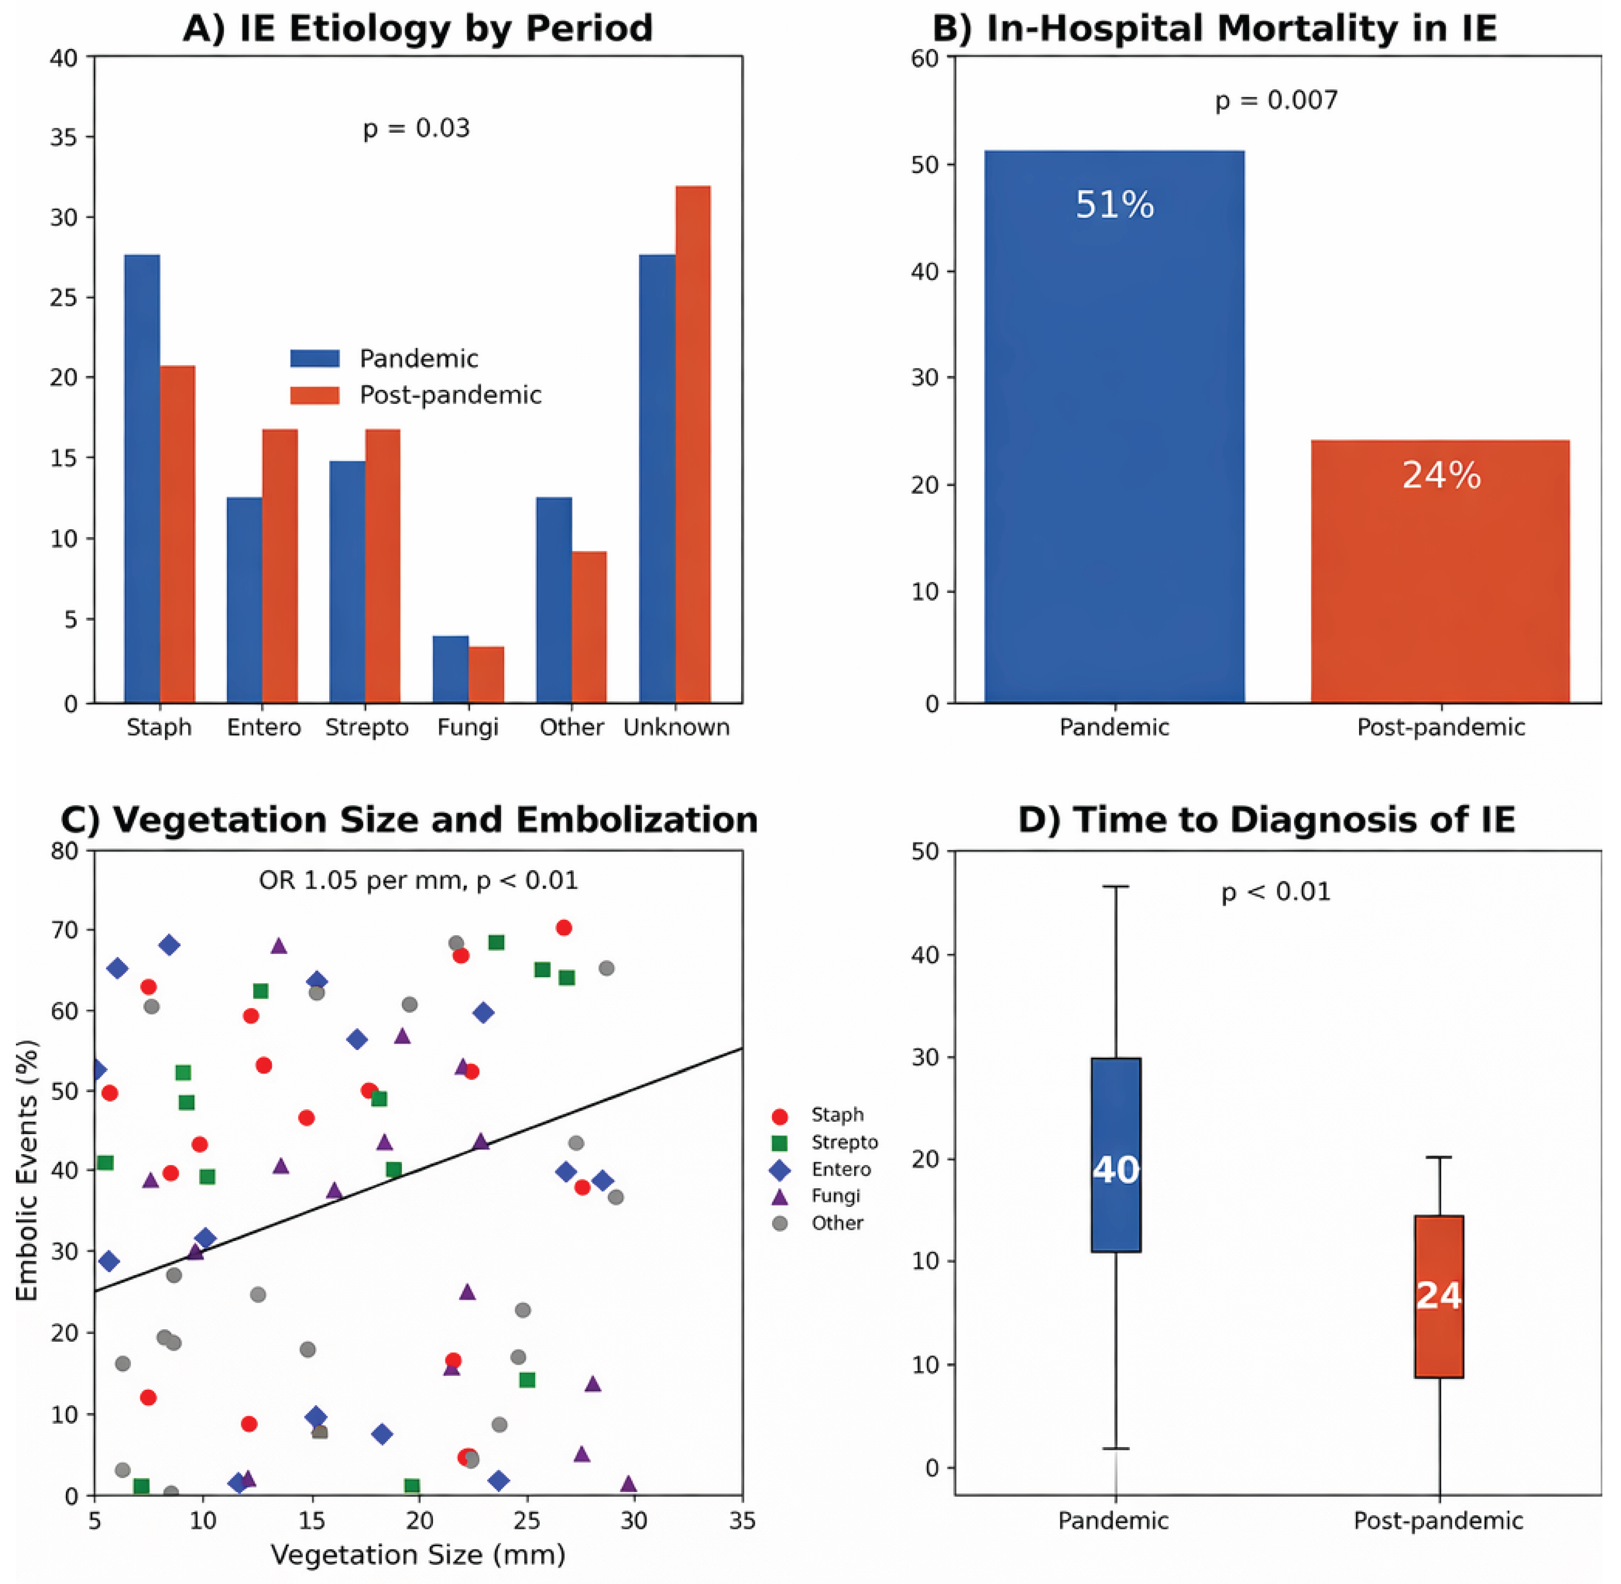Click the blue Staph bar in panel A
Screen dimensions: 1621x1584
142,479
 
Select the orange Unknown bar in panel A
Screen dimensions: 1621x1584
693,444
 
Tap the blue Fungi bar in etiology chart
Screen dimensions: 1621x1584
451,670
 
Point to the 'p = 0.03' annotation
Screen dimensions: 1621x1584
416,128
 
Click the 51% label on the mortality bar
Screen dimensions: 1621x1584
1114,205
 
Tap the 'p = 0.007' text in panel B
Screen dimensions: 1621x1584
1277,101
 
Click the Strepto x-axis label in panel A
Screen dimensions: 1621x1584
367,727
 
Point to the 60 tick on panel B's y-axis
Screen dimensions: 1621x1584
925,58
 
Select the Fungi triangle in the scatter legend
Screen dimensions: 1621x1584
779,1196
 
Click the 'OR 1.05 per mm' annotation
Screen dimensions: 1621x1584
363,881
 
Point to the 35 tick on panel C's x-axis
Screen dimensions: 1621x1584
742,1521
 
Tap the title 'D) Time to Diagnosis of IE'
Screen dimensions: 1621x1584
1266,820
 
